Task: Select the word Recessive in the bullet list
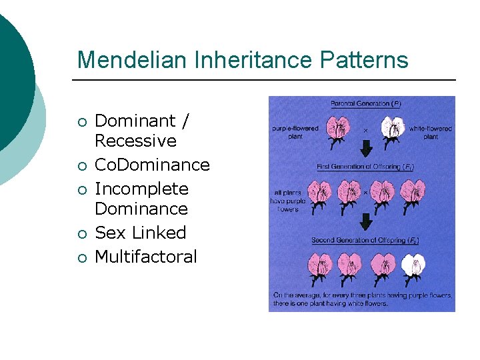point(135,141)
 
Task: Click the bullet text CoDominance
point(152,165)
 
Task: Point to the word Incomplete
point(141,189)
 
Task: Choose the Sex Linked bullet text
point(140,233)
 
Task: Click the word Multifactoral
point(146,257)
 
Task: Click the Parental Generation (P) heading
point(365,104)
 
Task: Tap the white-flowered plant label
point(431,132)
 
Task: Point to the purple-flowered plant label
point(295,131)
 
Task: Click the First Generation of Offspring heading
point(365,167)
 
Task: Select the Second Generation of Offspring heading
point(365,240)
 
